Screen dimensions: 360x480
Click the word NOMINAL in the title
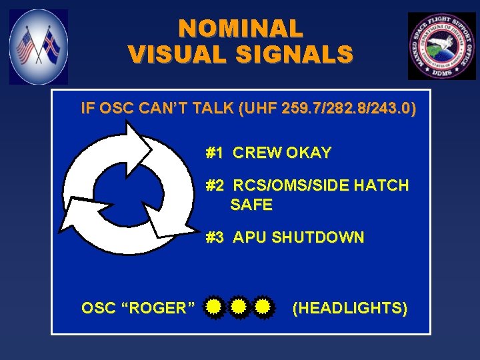(x=240, y=28)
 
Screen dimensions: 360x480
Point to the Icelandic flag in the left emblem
(x=50, y=46)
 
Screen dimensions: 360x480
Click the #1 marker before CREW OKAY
(x=214, y=153)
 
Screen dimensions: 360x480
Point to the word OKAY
(x=309, y=153)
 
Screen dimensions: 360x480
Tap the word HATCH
(x=383, y=185)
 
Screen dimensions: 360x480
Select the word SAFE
(x=251, y=205)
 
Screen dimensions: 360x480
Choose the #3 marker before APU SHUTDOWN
(x=214, y=237)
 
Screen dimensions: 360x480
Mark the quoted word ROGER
(x=159, y=307)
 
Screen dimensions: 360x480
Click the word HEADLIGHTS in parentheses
(x=350, y=307)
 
